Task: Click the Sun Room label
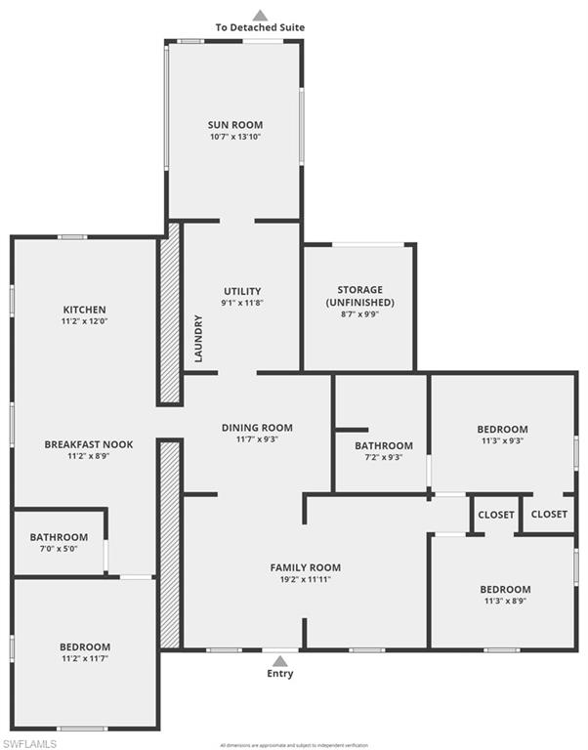point(235,125)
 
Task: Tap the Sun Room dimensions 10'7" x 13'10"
point(235,137)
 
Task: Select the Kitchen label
point(85,310)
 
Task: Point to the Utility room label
point(242,291)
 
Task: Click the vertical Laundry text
point(198,338)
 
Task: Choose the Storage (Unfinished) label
point(359,296)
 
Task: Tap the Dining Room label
point(257,427)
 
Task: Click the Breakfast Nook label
point(88,444)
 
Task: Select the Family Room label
point(306,567)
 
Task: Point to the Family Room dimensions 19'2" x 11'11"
point(306,579)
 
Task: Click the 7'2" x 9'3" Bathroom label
point(383,445)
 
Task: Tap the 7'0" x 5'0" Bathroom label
point(59,537)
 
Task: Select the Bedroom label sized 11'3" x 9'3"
point(502,429)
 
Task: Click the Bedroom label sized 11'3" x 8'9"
point(505,589)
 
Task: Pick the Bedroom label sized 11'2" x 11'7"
point(85,646)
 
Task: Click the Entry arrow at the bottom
point(280,660)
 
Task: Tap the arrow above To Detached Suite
point(260,15)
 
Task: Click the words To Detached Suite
point(260,27)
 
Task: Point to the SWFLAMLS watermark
point(30,743)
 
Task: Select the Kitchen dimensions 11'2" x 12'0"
point(85,321)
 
